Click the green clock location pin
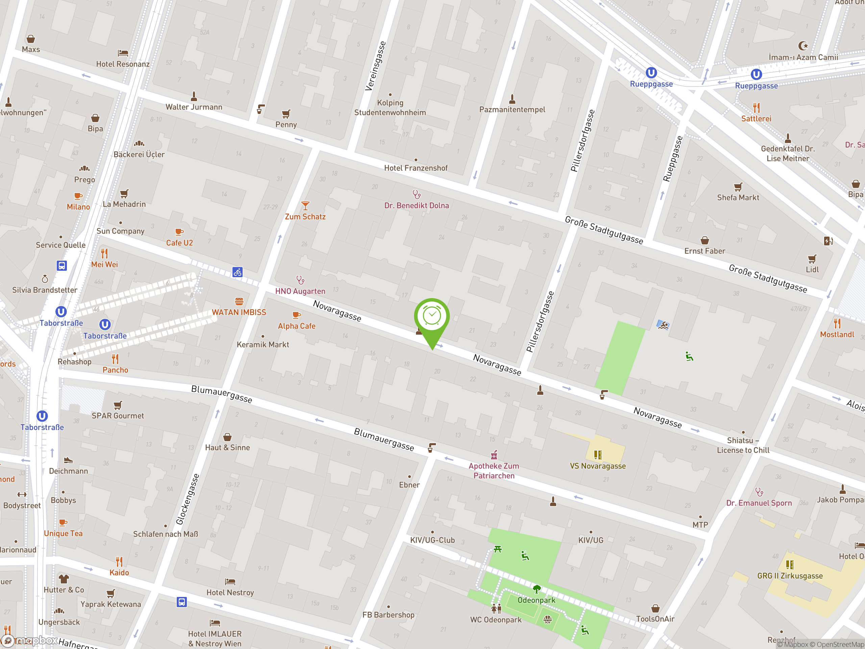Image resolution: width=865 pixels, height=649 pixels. pos(432,317)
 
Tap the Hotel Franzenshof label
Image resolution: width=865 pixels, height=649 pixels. pos(416,168)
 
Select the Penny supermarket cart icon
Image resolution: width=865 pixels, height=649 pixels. pos(286,114)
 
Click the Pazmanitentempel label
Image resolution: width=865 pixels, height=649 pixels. pos(512,110)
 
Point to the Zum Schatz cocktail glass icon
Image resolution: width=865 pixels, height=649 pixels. pos(305,206)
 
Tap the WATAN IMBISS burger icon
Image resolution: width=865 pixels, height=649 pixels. pos(239,301)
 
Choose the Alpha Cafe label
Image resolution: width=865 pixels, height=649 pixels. pos(296,326)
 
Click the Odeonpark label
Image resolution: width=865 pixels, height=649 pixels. pos(536,600)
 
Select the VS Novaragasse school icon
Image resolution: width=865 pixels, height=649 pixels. pos(597,455)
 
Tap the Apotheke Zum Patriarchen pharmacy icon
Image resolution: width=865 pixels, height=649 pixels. pos(494,455)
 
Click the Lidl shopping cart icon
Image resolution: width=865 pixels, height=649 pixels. pos(812,259)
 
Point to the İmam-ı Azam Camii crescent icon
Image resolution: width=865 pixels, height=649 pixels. pos(803,46)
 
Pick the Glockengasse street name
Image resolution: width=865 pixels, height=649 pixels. pos(188,499)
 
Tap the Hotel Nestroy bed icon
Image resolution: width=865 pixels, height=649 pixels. pos(230,582)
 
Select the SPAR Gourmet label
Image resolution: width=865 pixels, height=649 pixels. pos(118,416)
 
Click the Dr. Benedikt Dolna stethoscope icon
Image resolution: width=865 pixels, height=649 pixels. pos(417,194)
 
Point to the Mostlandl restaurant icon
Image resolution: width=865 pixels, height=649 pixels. pos(837,323)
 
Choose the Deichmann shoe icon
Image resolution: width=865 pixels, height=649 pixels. pos(69,460)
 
